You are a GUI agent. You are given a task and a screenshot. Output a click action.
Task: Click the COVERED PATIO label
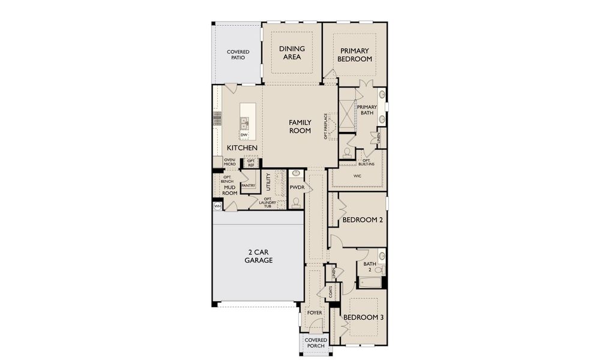click(x=238, y=56)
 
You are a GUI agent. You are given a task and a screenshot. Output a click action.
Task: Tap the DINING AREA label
click(x=292, y=53)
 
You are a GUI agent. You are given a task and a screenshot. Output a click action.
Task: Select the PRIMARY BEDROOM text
click(x=354, y=55)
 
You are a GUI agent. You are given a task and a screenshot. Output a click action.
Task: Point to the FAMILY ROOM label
click(x=300, y=126)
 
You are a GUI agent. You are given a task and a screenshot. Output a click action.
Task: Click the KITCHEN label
click(x=242, y=148)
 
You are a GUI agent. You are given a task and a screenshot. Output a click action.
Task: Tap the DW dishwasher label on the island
click(x=244, y=135)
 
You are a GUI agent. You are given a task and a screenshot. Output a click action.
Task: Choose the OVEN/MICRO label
click(x=229, y=161)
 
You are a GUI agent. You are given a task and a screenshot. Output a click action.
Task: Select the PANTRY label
click(x=248, y=186)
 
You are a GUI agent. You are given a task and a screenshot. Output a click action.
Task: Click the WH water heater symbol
click(x=217, y=206)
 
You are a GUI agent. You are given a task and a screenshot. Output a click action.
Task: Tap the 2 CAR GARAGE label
click(x=259, y=256)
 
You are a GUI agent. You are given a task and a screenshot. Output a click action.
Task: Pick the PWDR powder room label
click(x=297, y=187)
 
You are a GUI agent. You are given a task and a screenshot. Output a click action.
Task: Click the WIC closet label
click(x=357, y=177)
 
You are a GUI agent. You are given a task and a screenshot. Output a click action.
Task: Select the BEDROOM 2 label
click(x=363, y=220)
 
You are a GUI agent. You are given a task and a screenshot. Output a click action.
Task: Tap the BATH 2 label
click(x=370, y=266)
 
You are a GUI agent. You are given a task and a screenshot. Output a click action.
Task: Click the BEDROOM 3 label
click(x=363, y=317)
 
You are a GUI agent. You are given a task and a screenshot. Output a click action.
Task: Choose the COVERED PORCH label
click(x=316, y=343)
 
